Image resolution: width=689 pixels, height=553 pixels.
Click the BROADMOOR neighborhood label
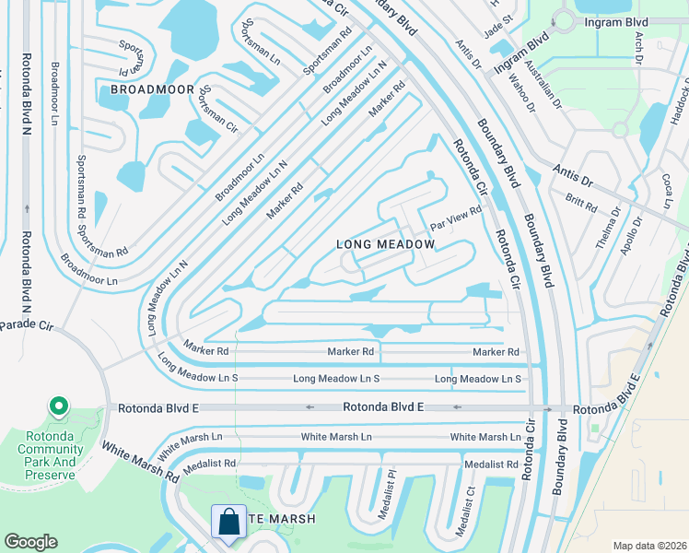152,89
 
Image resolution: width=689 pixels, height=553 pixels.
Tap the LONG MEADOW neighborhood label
385,244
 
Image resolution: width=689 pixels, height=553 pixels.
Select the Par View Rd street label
457,218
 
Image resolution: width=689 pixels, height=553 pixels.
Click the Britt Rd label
582,203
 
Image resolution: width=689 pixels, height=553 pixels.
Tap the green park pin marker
57,406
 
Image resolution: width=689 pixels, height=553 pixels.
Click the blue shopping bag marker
227,522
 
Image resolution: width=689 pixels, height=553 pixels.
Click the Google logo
31,542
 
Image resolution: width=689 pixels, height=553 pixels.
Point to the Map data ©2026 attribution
648,546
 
